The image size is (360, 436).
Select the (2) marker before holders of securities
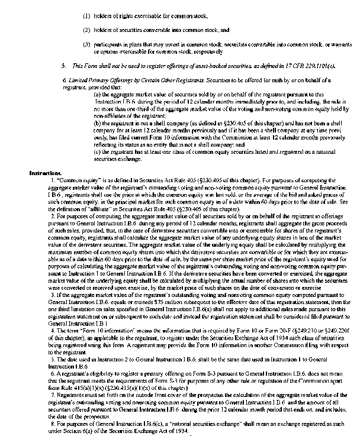point(86,29)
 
